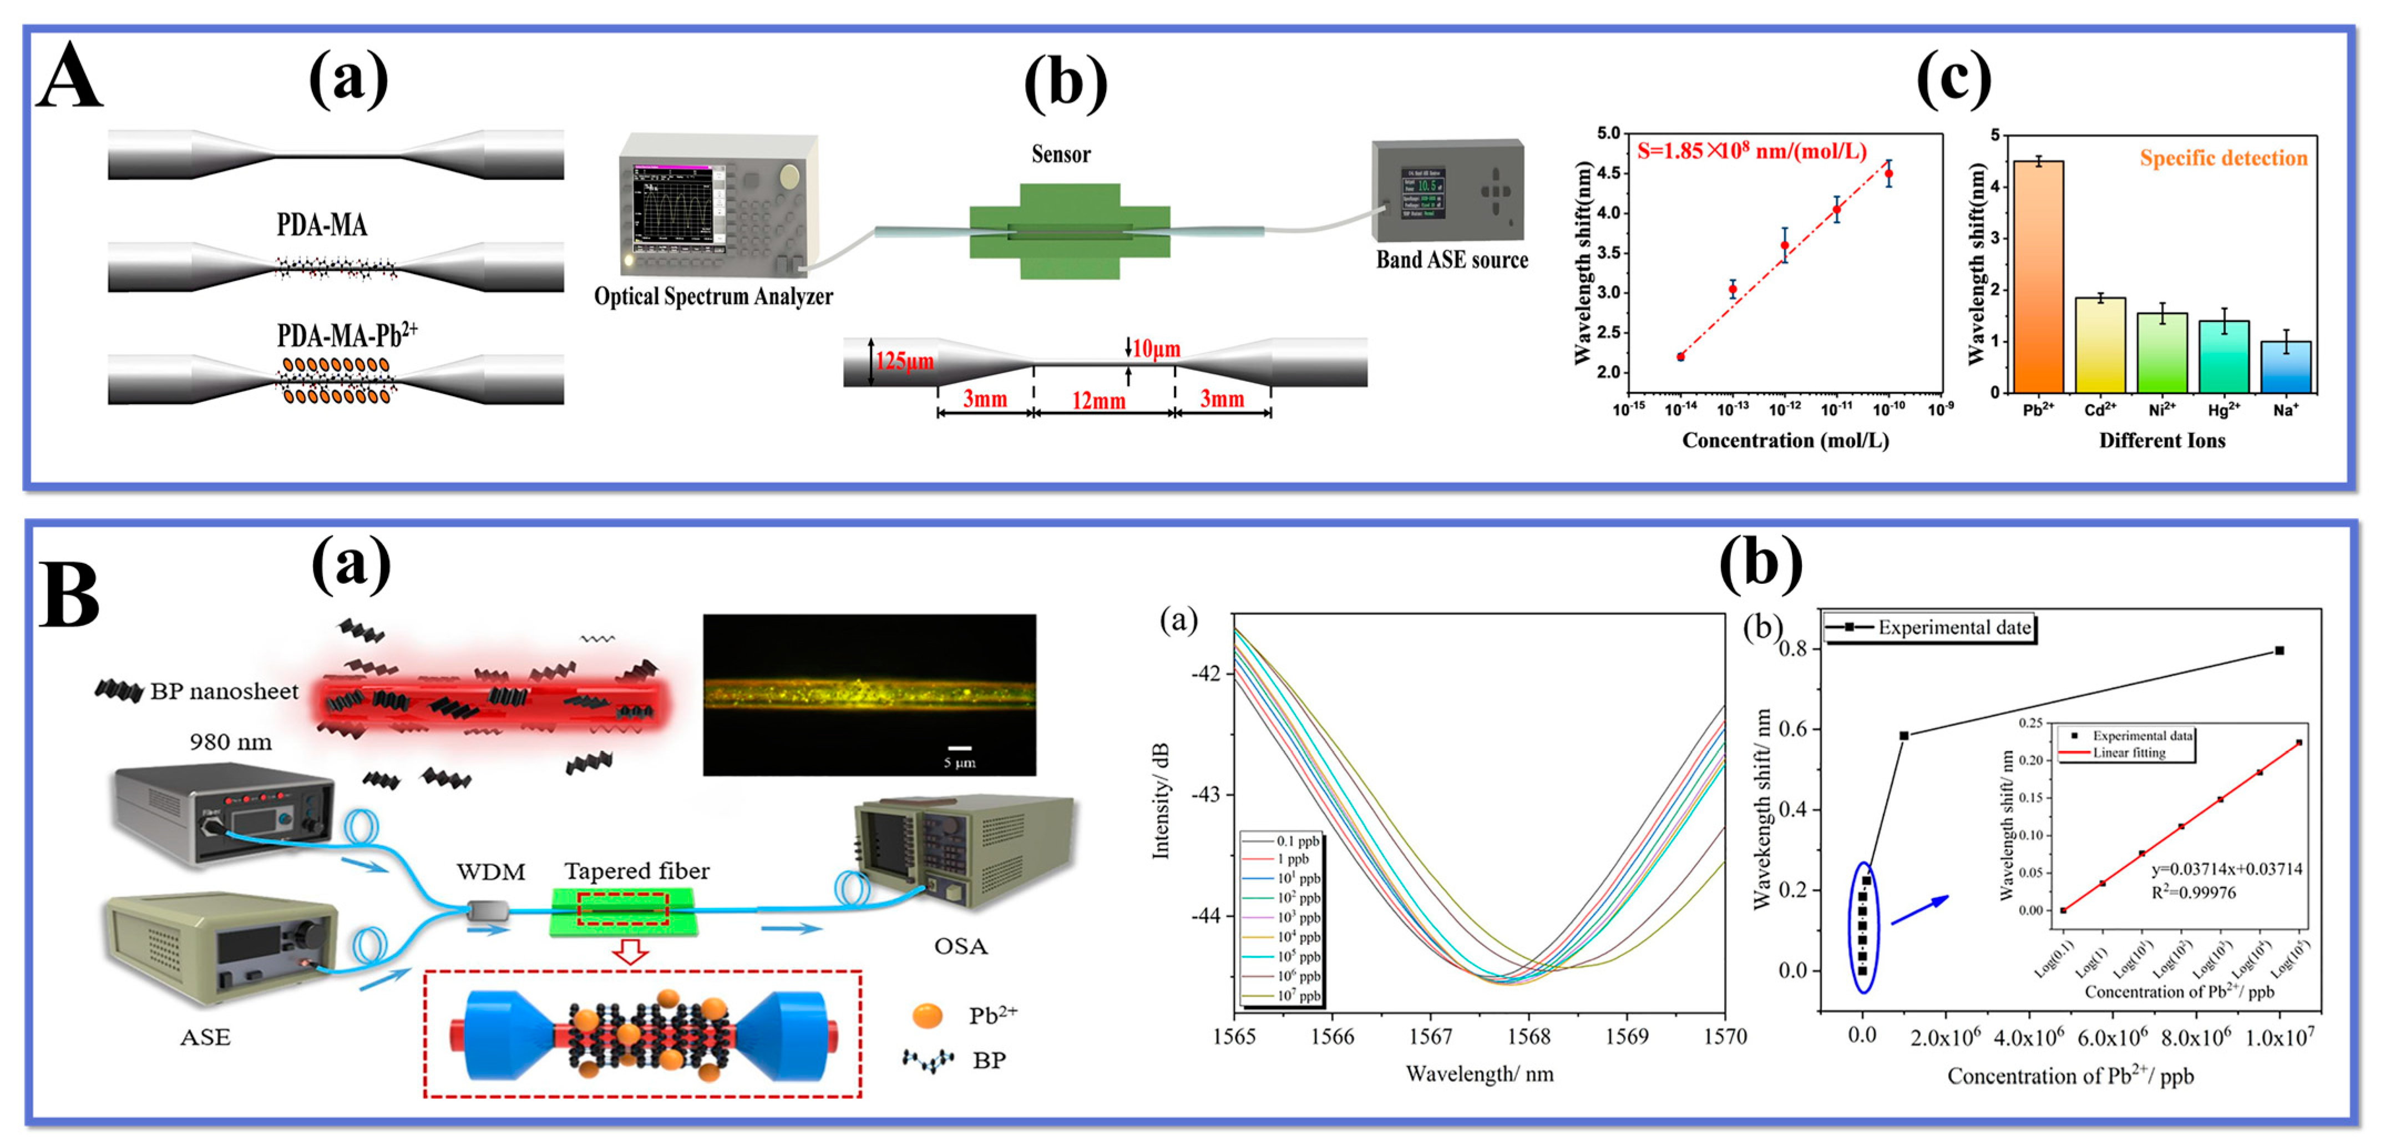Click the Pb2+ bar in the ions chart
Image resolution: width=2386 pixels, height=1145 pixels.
pyautogui.click(x=2038, y=276)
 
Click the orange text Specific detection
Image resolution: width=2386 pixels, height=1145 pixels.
pyautogui.click(x=2223, y=158)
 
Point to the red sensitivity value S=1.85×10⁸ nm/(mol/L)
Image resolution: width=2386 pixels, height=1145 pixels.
pyautogui.click(x=1751, y=151)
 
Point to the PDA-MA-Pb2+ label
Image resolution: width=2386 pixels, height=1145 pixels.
pyautogui.click(x=346, y=335)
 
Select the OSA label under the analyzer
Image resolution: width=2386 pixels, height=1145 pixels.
pyautogui.click(x=960, y=946)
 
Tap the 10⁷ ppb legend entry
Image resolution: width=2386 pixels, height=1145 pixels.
pyautogui.click(x=1298, y=996)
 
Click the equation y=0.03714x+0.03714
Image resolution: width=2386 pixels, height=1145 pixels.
pyautogui.click(x=2226, y=869)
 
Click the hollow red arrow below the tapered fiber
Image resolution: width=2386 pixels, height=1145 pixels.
pyautogui.click(x=631, y=951)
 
